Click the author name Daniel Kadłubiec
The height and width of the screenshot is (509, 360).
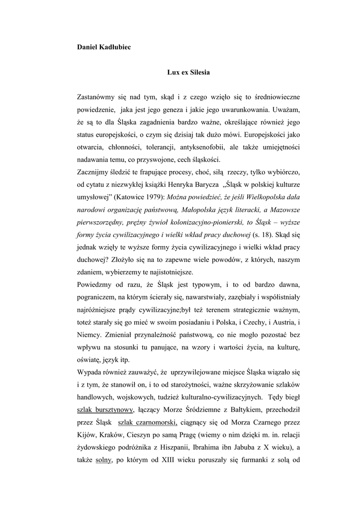coord(102,48)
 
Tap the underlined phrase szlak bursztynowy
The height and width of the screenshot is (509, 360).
coord(105,410)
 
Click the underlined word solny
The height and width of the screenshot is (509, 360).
coord(103,461)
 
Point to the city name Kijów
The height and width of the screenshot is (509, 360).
coord(87,435)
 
